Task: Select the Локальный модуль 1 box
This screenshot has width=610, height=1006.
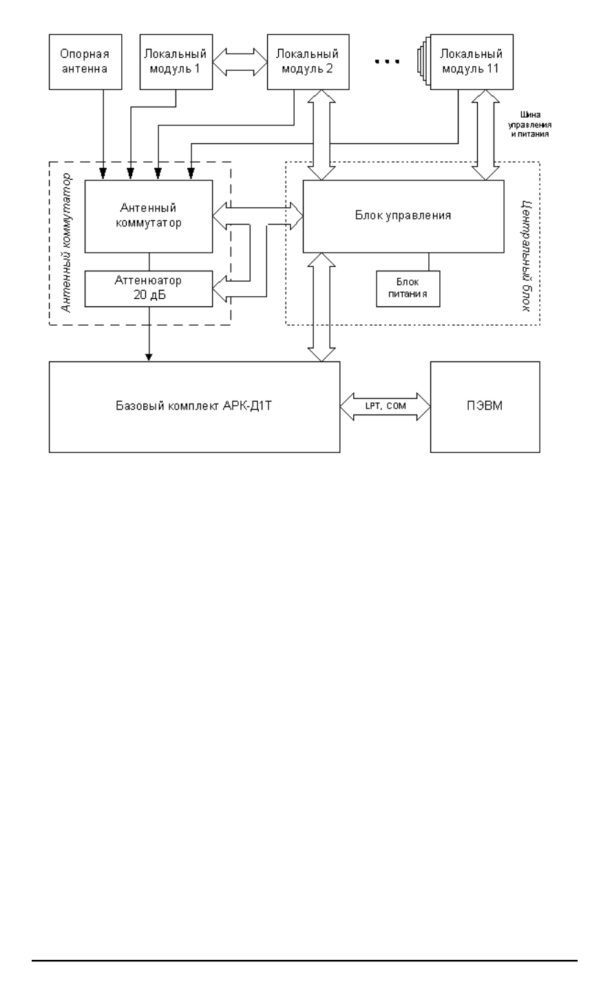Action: [176, 63]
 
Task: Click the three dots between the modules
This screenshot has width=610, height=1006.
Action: [387, 63]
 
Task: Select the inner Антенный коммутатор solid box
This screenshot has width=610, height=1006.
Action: [148, 216]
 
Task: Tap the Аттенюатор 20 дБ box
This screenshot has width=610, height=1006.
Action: [148, 288]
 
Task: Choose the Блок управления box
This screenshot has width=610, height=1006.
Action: [404, 216]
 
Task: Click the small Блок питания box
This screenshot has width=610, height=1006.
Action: [408, 288]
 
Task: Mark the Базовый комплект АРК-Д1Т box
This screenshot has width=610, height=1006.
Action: [195, 406]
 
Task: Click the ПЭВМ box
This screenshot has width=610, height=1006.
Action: [485, 406]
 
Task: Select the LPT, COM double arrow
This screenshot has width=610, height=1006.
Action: [386, 407]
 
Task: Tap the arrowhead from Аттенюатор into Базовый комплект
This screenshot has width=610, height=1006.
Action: [149, 357]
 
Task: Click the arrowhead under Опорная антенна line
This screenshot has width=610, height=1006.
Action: [103, 173]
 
